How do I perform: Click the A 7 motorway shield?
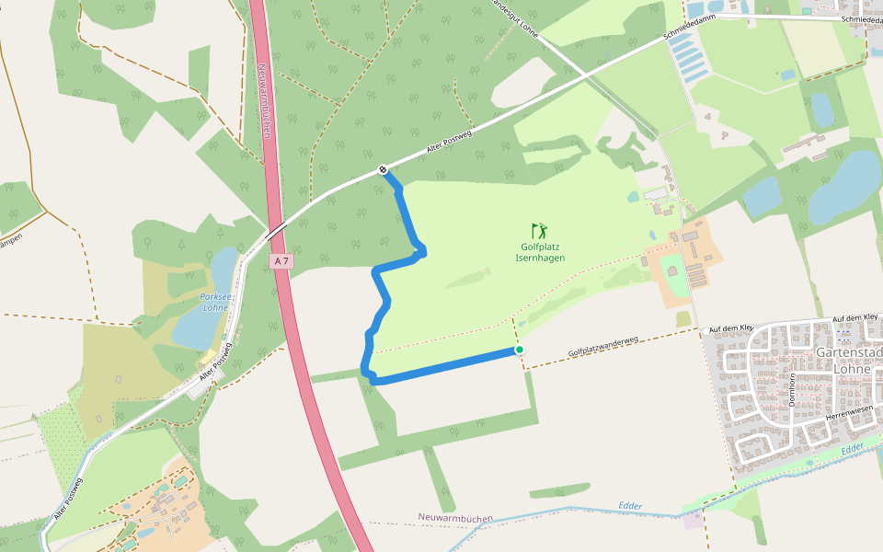[x=281, y=261]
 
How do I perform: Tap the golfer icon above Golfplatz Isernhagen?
[x=539, y=230]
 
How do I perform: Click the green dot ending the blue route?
[x=520, y=350]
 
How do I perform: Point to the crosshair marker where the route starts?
[x=383, y=169]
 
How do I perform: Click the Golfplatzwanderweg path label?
[x=603, y=346]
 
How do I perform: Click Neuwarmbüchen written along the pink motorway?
[x=265, y=101]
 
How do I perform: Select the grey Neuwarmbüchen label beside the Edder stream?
[x=455, y=518]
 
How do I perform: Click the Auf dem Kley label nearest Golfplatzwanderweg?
[x=731, y=327]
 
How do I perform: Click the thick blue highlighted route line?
[x=441, y=366]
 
